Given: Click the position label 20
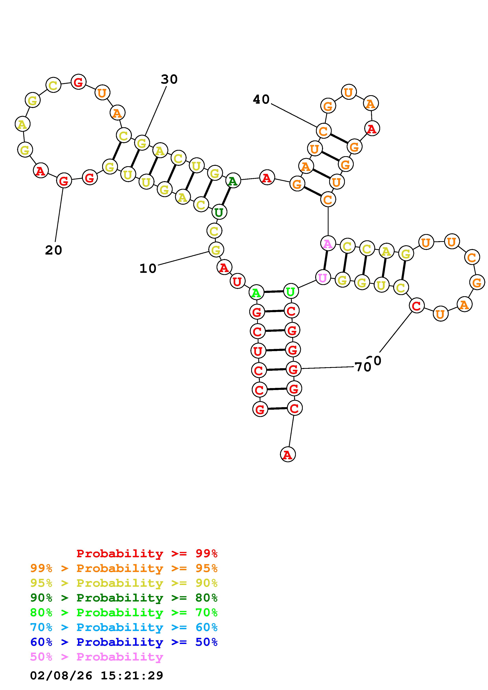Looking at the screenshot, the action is pos(54,250).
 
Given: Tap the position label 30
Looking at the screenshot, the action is pos(169,79).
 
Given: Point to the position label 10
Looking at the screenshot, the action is pos(148,268).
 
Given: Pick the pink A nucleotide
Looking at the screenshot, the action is pos(328,244).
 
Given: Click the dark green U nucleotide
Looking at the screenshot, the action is pos(219,212).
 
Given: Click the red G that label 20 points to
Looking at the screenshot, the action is pos(64,181).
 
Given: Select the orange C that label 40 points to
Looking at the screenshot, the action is pos(324,131).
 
